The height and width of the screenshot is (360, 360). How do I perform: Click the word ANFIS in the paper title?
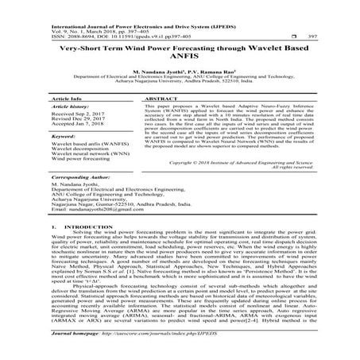pos(180,56)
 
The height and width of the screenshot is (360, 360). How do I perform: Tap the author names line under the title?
pos(180,70)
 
